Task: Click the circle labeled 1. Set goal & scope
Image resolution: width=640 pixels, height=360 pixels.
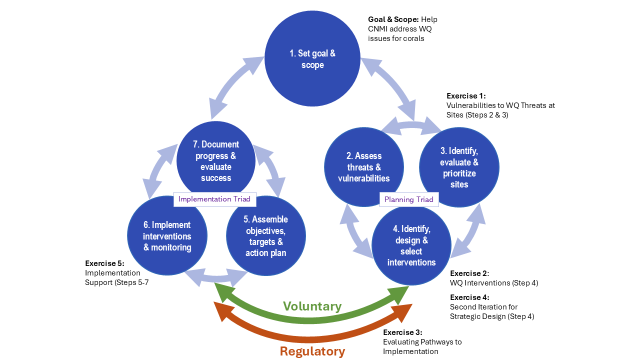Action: click(x=312, y=59)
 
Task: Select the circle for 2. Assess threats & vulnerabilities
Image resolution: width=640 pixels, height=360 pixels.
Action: click(x=363, y=167)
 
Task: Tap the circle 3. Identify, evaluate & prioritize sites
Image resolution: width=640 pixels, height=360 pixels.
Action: click(x=458, y=167)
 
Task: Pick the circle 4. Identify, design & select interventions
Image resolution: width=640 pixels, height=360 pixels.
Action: click(x=411, y=246)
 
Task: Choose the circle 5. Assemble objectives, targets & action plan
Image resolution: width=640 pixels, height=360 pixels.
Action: click(x=265, y=236)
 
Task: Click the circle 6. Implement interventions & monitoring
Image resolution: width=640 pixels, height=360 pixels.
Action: click(x=167, y=236)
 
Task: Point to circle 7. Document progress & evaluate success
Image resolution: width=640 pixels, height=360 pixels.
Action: click(x=216, y=160)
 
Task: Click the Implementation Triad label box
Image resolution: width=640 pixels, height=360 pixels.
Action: click(x=214, y=199)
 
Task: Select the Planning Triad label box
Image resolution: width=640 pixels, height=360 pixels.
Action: click(x=408, y=199)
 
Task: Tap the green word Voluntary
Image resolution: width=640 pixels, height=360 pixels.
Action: click(x=312, y=306)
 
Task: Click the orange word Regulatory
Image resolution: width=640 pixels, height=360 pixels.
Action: click(x=312, y=351)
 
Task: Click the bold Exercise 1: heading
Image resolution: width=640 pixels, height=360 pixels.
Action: click(x=465, y=96)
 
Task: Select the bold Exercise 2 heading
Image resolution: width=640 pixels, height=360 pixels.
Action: click(x=469, y=273)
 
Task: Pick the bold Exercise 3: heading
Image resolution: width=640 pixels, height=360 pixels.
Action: click(x=402, y=332)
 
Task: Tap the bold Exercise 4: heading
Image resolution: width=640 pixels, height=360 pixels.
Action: click(x=469, y=297)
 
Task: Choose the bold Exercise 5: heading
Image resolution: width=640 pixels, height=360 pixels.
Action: click(x=104, y=263)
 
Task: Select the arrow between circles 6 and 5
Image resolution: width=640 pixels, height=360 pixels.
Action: click(x=216, y=276)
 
